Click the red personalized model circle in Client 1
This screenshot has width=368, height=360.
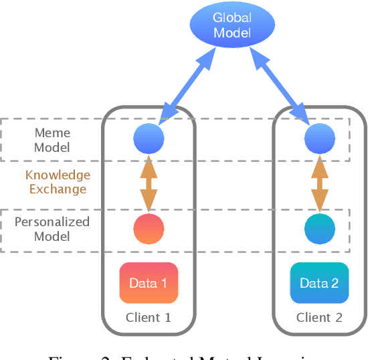click(149, 229)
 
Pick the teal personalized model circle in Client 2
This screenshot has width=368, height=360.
click(319, 229)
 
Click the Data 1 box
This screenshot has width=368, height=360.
click(149, 283)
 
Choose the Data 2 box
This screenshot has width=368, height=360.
click(319, 283)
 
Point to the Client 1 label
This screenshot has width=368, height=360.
click(149, 317)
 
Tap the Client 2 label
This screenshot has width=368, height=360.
click(319, 317)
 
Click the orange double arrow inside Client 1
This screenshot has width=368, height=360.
click(149, 185)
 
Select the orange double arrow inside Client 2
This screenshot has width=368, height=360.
click(319, 185)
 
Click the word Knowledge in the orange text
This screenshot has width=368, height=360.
click(58, 175)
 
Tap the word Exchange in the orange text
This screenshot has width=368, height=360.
click(58, 189)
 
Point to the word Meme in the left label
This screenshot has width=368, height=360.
click(52, 132)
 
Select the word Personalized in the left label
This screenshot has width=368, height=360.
click(52, 222)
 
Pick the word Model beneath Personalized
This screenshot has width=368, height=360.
click(52, 236)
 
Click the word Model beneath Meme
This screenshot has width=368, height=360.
click(52, 147)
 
